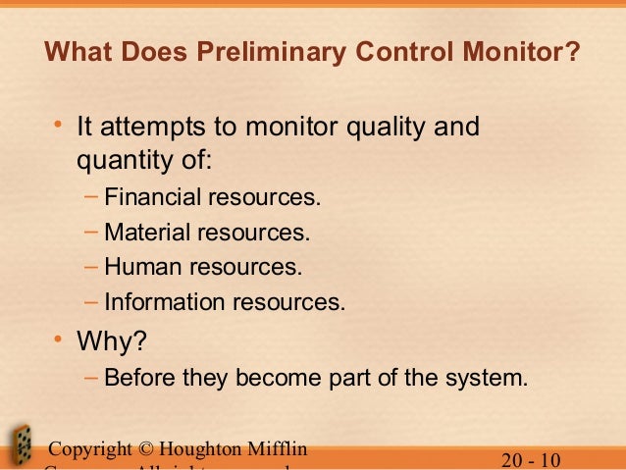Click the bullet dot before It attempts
point(59,126)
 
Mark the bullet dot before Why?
point(59,340)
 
